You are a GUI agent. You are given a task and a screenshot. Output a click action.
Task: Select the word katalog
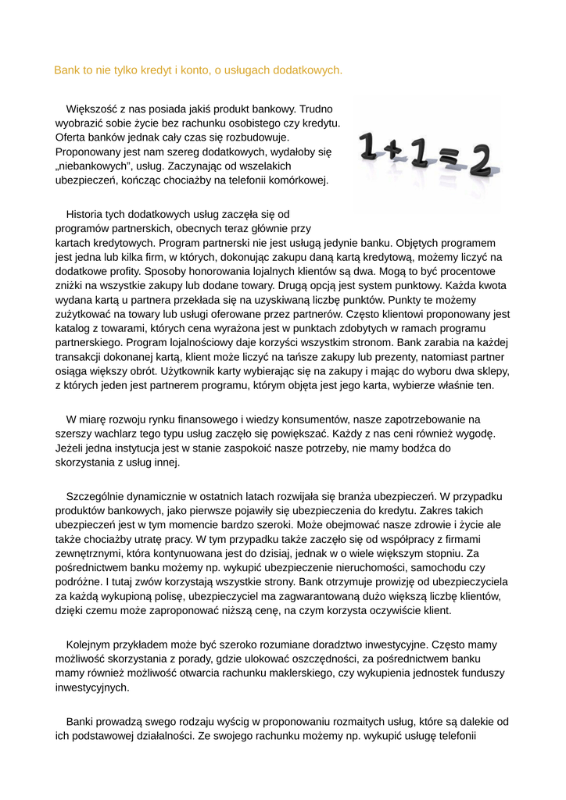pyautogui.click(x=73, y=328)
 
